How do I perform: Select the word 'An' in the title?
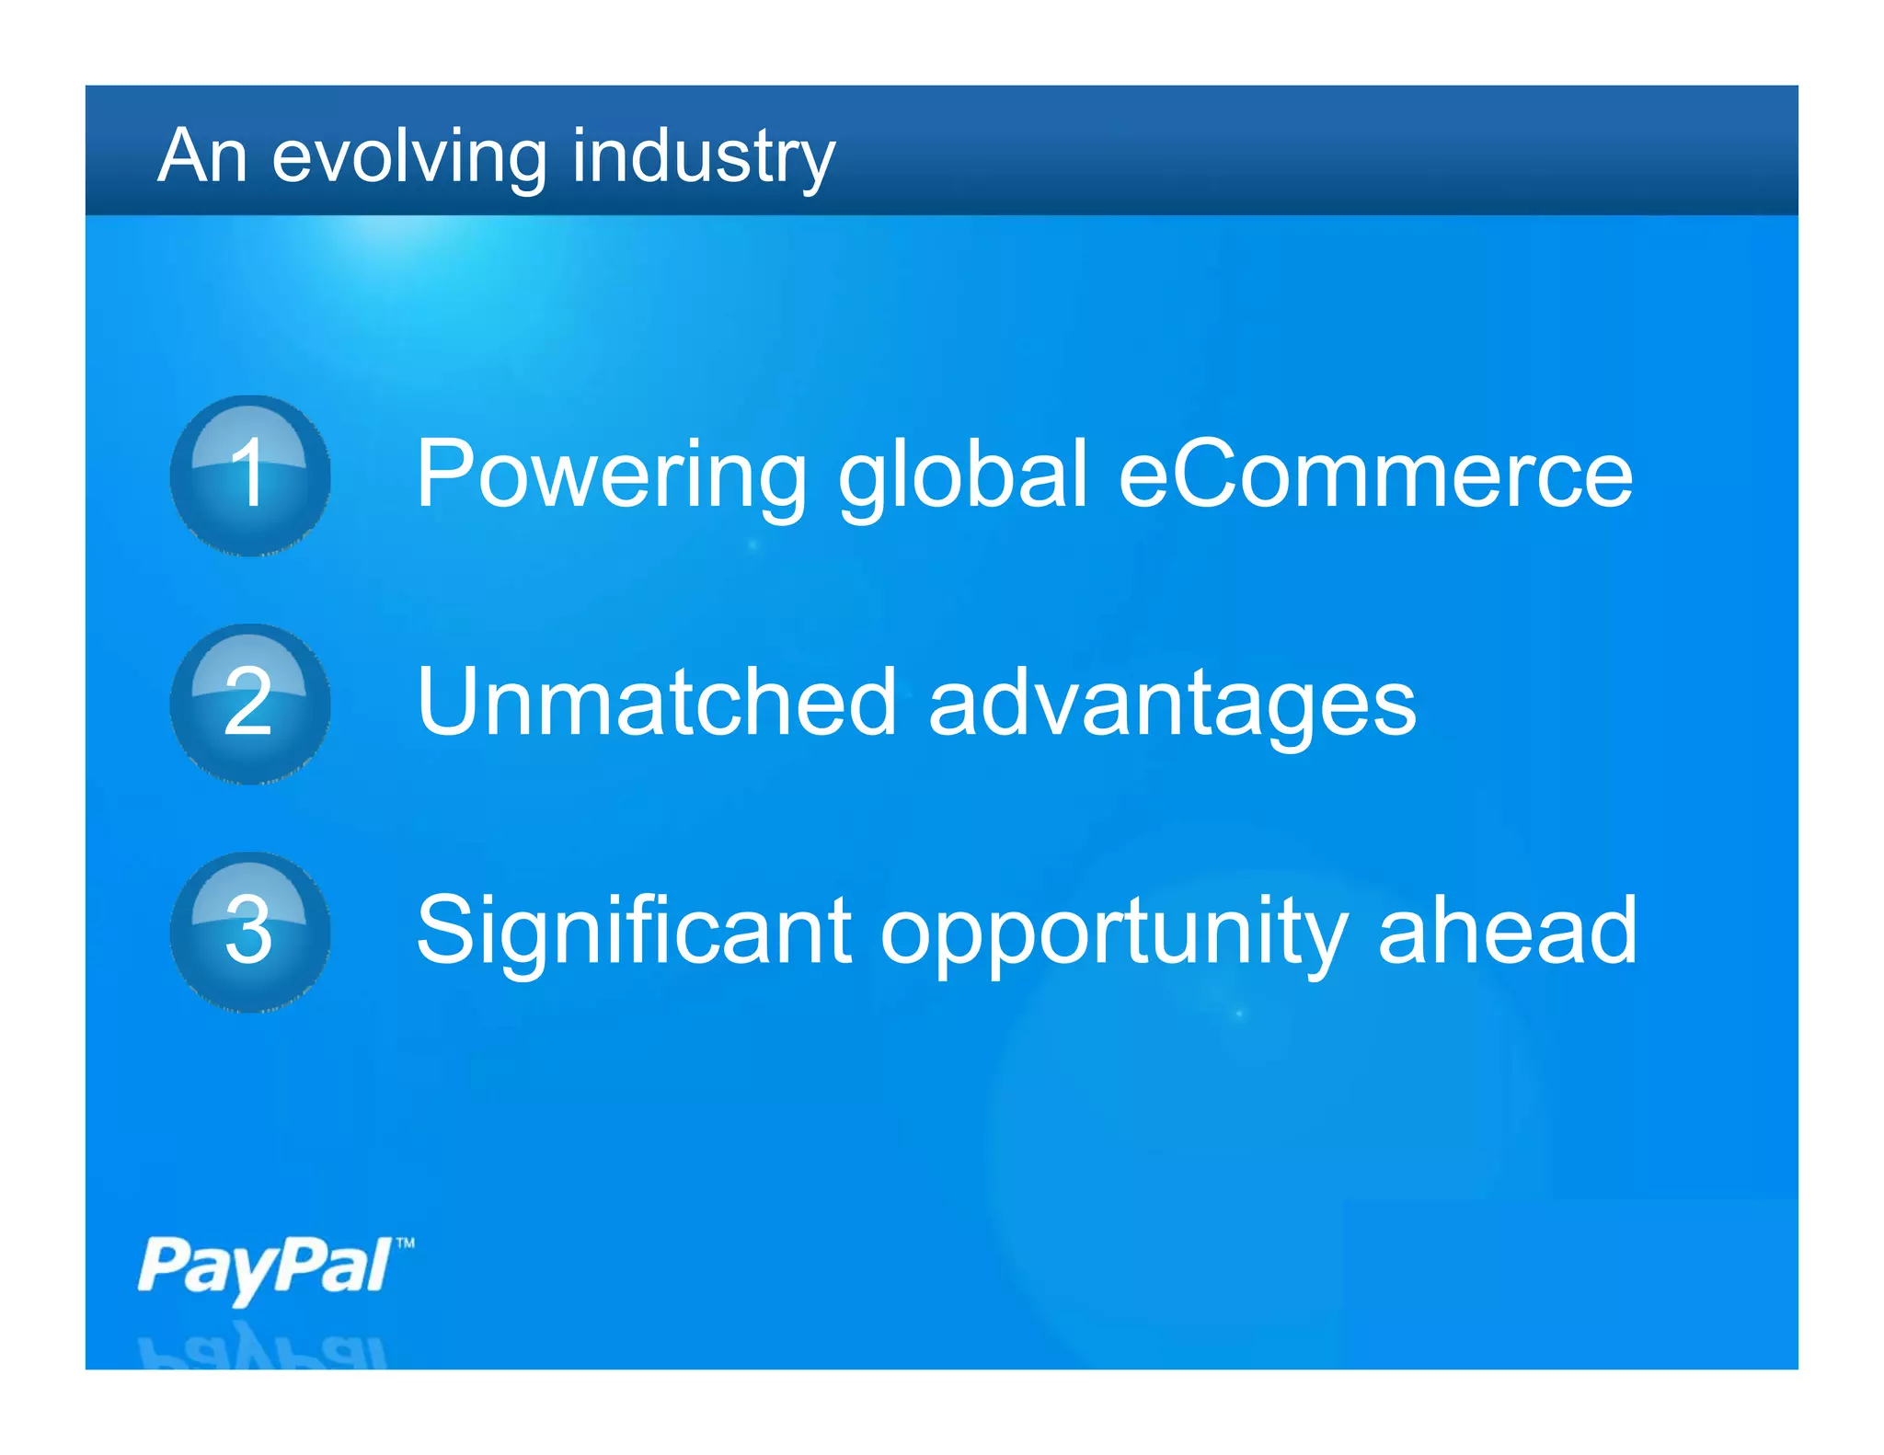coord(202,156)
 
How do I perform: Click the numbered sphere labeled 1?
coord(250,475)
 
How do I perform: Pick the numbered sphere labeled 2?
coord(250,704)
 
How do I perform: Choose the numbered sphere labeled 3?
coord(250,932)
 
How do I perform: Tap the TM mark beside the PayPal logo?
coord(405,1243)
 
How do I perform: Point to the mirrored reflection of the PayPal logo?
coord(263,1347)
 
